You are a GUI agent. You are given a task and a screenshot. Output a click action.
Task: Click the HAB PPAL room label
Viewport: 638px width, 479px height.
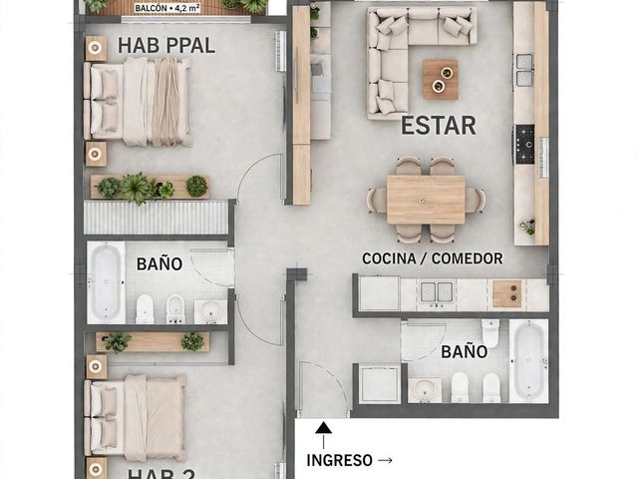166,45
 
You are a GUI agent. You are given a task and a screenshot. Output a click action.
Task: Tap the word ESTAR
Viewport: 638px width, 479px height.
439,126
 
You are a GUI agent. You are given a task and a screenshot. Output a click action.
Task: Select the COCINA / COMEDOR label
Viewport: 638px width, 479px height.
432,258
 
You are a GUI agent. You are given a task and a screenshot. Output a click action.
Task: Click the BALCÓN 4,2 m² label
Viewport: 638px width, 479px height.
166,8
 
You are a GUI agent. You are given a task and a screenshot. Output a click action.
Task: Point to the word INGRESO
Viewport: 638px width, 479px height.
339,460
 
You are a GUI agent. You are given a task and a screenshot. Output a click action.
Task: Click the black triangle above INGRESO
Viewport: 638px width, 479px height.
323,427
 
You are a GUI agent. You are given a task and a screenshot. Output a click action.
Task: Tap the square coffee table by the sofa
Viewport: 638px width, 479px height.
441,80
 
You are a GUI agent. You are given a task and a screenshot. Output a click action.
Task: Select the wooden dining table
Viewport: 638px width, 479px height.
426,200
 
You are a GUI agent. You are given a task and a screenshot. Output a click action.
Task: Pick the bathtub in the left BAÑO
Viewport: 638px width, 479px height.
106,282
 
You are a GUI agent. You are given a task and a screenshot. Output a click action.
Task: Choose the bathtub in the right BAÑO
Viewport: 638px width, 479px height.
528,360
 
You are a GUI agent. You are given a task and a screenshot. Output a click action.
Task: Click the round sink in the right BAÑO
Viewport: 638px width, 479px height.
425,389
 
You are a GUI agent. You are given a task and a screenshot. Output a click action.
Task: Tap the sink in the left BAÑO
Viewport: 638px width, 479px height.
210,311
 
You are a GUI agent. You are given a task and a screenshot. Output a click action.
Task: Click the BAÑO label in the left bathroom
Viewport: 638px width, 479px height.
159,263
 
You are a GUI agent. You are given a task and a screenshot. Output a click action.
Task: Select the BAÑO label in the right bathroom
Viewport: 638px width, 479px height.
465,351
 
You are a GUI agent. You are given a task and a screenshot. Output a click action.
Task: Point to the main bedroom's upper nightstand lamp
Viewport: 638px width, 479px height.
95,48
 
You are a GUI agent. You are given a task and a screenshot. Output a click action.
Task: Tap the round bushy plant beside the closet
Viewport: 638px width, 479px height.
196,187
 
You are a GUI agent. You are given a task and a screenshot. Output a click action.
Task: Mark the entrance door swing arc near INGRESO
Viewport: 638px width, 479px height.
332,379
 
